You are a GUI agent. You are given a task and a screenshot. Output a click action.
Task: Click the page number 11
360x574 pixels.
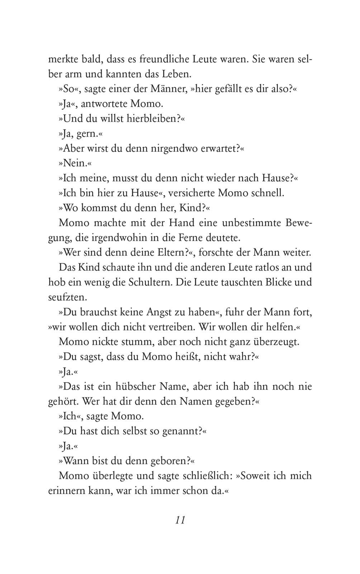180,520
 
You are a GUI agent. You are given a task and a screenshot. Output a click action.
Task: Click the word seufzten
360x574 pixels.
67,297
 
